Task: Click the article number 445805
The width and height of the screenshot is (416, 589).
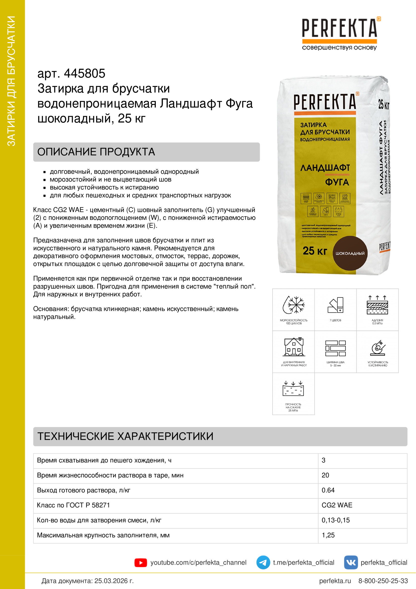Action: pos(84,74)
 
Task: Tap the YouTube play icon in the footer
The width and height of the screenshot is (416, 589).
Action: pos(140,563)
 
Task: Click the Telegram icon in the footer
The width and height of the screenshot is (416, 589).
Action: pos(263,562)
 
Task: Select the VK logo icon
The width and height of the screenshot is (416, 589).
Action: pos(351,562)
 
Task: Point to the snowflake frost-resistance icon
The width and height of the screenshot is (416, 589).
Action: pos(294,305)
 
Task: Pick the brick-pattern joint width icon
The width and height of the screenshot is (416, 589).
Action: pos(335,348)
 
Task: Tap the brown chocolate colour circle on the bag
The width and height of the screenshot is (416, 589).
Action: pos(350,253)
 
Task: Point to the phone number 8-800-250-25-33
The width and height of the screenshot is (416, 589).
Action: pos(383,581)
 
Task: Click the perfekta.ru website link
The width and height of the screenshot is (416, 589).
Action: pos(335,581)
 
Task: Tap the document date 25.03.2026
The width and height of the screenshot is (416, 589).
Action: pos(114,581)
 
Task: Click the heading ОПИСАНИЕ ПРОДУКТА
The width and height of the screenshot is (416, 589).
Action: pos(96,152)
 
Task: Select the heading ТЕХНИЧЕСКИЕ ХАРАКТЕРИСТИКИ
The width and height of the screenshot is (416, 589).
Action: pos(125,436)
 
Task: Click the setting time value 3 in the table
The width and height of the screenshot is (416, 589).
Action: pos(323,460)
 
